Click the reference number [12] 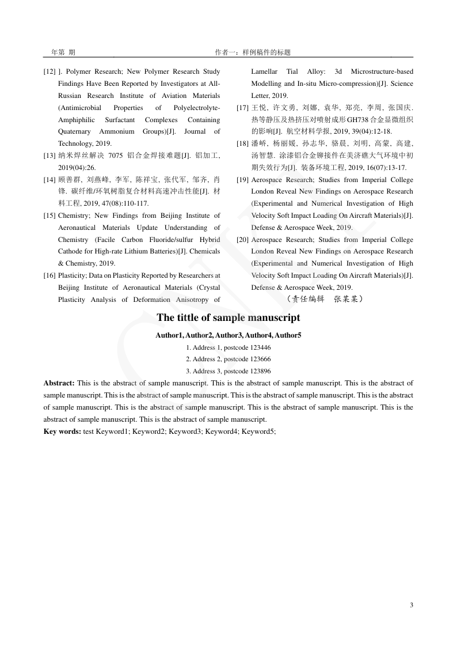[49, 71]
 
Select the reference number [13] [49, 156]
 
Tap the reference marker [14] [49, 180]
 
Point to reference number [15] [49, 215]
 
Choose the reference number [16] [49, 275]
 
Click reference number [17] [243, 108]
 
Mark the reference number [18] [243, 143]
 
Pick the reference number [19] [243, 180]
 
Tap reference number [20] [243, 240]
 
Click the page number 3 [412, 604]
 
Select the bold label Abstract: [59, 383]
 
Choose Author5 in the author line [288, 335]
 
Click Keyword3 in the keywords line [185, 431]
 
